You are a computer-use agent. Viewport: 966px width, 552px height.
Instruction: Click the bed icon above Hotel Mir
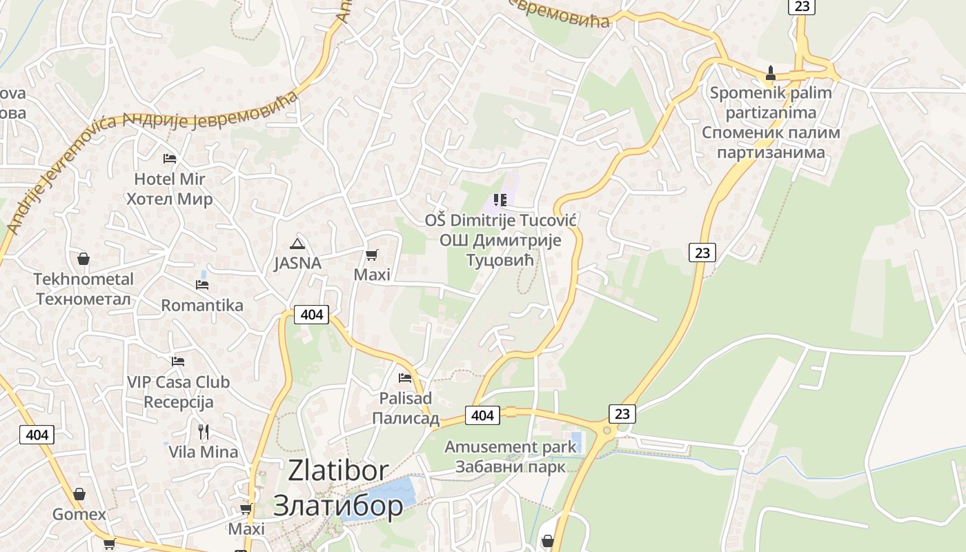[170, 159]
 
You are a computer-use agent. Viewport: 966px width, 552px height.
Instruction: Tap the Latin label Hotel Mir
[170, 179]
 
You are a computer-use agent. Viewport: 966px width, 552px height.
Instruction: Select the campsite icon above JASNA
[297, 244]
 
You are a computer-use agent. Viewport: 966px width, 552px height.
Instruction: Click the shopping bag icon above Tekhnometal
[83, 259]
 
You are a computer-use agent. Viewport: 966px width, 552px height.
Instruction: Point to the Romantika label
[202, 306]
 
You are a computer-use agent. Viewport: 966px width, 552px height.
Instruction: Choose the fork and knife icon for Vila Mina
[204, 433]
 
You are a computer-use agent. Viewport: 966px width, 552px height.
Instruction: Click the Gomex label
[79, 515]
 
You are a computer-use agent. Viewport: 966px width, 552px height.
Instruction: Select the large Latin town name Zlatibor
[338, 471]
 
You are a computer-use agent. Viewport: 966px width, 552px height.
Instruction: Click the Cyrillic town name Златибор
[338, 506]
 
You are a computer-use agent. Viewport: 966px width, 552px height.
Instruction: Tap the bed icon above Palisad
[405, 378]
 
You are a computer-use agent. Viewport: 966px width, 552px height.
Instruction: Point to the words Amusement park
[510, 447]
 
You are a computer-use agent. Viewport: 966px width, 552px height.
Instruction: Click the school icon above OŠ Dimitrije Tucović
[500, 201]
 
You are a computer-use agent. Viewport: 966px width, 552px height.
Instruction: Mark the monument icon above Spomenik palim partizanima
[771, 73]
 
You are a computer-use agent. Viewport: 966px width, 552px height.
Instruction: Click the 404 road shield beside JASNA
[312, 315]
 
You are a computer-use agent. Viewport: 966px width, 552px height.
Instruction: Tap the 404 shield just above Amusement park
[482, 415]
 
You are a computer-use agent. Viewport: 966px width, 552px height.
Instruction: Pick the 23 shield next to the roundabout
[622, 414]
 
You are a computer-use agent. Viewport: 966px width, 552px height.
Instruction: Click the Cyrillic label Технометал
[83, 299]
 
